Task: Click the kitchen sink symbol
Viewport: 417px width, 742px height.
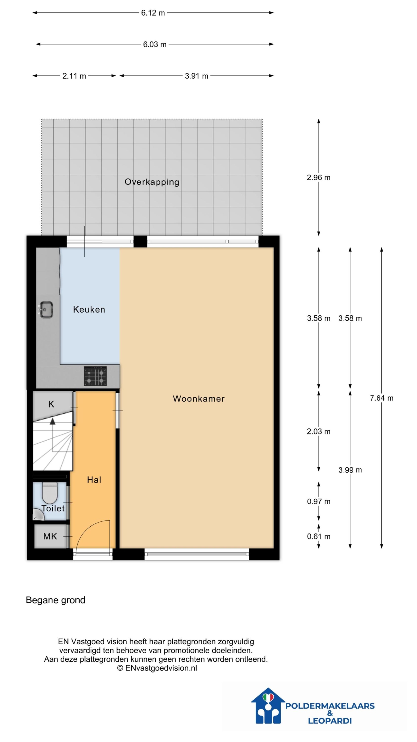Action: click(45, 310)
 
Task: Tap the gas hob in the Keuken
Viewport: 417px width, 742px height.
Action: click(95, 376)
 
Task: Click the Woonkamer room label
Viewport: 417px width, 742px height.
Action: click(199, 399)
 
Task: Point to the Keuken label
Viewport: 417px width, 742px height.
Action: click(89, 310)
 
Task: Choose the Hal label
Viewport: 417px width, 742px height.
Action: click(94, 480)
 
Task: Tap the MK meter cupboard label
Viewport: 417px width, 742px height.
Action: click(50, 537)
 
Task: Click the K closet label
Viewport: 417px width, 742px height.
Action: click(51, 404)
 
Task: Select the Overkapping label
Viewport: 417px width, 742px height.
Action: click(152, 182)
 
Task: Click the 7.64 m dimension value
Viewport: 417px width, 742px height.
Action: click(382, 398)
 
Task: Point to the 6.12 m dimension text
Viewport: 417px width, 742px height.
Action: click(153, 13)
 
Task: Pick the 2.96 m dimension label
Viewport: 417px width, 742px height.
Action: click(319, 178)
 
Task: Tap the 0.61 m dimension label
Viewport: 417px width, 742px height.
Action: click(319, 537)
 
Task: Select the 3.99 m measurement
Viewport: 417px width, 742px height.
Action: click(350, 470)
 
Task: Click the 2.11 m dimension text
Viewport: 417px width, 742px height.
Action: click(74, 76)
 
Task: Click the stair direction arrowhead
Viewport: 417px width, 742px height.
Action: click(52, 421)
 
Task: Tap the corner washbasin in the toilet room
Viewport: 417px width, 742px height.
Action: click(38, 514)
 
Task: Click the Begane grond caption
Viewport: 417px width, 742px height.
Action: click(56, 600)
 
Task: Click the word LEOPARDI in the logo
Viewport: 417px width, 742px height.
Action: click(330, 721)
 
